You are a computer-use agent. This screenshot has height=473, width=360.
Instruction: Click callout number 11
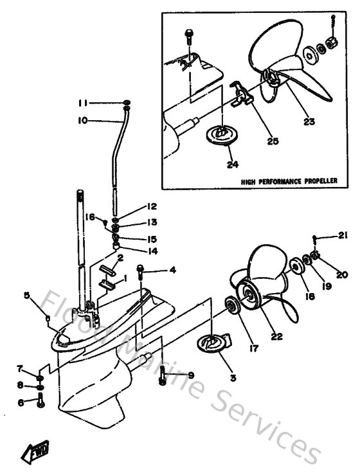click(x=84, y=103)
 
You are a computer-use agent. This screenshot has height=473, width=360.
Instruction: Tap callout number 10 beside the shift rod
click(x=83, y=120)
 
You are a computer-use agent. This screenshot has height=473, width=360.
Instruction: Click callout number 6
click(x=21, y=402)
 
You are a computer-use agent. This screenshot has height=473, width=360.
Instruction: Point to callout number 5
click(x=27, y=296)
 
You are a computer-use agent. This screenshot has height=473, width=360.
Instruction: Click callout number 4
click(x=172, y=271)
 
